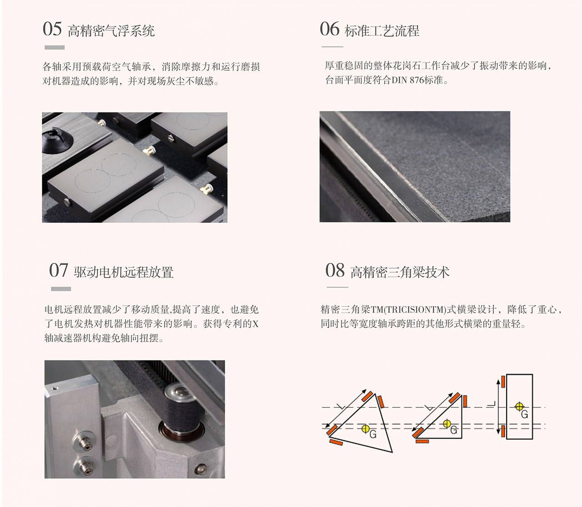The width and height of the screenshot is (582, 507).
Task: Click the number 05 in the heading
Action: point(52,29)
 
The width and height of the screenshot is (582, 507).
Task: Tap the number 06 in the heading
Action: point(329,29)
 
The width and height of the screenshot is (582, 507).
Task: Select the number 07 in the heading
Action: point(58,270)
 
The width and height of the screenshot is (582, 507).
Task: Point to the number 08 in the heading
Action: point(335,270)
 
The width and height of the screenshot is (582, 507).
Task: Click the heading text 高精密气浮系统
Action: point(111,31)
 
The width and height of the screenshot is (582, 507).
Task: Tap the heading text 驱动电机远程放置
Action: point(124,272)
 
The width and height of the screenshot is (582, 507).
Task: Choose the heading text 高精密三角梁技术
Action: point(400,272)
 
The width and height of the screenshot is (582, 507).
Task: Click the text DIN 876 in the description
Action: point(408,80)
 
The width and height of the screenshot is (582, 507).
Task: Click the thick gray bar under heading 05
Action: point(55,47)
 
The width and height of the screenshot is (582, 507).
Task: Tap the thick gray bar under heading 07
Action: point(61,289)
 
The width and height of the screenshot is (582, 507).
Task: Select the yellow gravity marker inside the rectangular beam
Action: point(519,406)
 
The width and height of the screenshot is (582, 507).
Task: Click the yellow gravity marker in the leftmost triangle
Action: point(366,428)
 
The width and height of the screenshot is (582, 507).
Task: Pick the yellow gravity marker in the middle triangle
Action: point(447,424)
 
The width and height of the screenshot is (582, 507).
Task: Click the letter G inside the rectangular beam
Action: point(525,414)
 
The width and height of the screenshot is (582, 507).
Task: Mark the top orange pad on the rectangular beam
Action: point(503,382)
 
